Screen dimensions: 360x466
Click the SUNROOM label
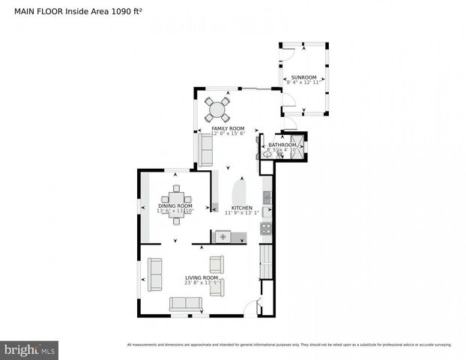click(x=303, y=77)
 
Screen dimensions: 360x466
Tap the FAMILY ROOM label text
click(x=228, y=128)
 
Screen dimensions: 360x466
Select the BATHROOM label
click(x=282, y=145)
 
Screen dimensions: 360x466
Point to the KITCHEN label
click(x=240, y=207)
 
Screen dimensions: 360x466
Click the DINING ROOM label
click(x=175, y=205)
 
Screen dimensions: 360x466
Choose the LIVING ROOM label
click(x=202, y=277)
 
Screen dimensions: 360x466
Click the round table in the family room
click(x=217, y=109)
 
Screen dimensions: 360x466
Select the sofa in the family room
click(x=205, y=150)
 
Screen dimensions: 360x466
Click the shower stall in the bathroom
click(x=299, y=145)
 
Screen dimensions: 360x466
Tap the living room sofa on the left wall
click(x=154, y=274)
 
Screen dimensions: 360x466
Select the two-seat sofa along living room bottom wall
click(x=186, y=304)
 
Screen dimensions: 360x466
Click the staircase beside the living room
click(x=265, y=262)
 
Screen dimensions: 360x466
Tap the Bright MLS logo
click(x=29, y=349)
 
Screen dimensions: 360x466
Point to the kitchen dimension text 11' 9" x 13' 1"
click(x=240, y=212)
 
